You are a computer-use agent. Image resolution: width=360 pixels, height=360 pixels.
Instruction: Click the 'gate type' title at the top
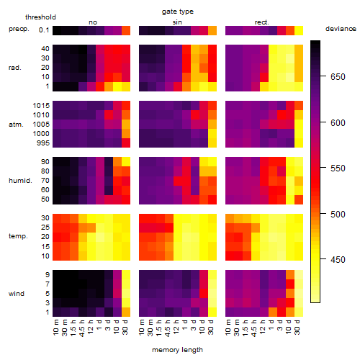178,12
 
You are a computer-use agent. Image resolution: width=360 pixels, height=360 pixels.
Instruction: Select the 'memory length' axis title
177,350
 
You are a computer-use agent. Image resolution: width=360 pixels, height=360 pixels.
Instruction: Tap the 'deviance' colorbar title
341,29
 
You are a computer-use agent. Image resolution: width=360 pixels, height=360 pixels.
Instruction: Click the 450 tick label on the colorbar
338,259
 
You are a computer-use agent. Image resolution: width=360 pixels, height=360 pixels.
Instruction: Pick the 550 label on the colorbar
338,168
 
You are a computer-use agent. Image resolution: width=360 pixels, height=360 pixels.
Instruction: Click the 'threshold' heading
40,17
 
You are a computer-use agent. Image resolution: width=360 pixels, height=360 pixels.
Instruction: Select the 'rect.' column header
261,22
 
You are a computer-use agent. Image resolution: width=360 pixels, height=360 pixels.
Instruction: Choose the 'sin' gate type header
177,22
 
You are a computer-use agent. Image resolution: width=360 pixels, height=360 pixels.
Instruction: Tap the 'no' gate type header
93,22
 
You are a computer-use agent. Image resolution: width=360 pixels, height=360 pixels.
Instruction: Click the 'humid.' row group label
20,181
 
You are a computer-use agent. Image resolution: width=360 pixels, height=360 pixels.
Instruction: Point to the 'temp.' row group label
18,236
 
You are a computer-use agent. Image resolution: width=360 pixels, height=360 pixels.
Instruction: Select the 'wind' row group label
17,294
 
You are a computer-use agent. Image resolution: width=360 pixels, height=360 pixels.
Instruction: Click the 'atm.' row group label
16,125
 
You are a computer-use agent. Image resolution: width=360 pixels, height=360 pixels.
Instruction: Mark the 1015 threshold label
41,106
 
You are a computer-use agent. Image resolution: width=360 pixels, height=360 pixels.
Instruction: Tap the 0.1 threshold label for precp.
44,30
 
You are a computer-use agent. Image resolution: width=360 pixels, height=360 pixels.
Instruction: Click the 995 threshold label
43,143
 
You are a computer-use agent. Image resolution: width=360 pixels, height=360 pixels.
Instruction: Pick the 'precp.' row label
19,29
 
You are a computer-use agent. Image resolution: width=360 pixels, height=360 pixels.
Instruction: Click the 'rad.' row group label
15,68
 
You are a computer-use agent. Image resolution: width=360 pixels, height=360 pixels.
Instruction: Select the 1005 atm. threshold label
41,125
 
